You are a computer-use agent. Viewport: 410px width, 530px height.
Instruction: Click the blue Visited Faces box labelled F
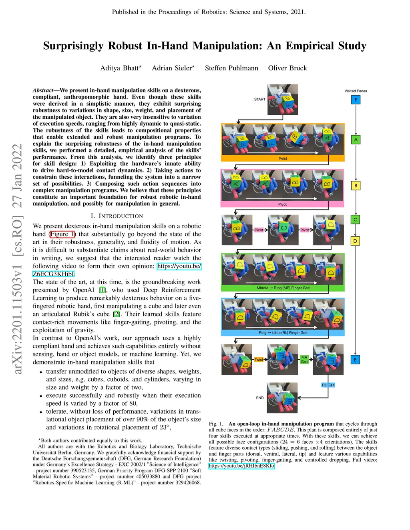[x=356, y=100]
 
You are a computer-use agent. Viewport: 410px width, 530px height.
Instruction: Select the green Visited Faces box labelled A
[x=356, y=140]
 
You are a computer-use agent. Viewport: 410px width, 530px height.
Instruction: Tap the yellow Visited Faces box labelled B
[x=356, y=186]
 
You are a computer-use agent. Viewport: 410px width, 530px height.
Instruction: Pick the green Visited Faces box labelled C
[x=355, y=220]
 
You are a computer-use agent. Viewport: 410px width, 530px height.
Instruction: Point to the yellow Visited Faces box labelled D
[x=355, y=241]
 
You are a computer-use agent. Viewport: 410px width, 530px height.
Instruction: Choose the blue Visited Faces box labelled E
[x=355, y=360]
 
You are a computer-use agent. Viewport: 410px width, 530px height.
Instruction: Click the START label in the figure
[x=260, y=99]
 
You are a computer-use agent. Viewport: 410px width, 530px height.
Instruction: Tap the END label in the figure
[x=260, y=398]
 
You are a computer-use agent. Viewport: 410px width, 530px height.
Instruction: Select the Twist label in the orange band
[x=283, y=158]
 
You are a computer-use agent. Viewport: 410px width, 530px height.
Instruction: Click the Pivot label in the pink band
[x=282, y=204]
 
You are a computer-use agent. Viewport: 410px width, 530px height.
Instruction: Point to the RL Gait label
[x=328, y=385]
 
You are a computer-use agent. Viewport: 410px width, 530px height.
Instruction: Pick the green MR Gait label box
[x=304, y=359]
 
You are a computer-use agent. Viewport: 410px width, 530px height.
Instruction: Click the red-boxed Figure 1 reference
[x=62, y=234]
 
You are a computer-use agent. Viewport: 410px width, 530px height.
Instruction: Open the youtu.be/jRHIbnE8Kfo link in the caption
[x=241, y=466]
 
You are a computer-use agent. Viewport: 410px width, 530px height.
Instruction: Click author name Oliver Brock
[x=287, y=68]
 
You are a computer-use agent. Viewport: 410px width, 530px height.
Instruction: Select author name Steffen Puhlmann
[x=231, y=68]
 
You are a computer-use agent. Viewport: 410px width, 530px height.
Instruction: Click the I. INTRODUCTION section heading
[x=117, y=216]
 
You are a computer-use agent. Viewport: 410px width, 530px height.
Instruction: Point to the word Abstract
[x=43, y=90]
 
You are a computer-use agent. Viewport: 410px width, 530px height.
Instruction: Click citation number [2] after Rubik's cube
[x=117, y=314]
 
